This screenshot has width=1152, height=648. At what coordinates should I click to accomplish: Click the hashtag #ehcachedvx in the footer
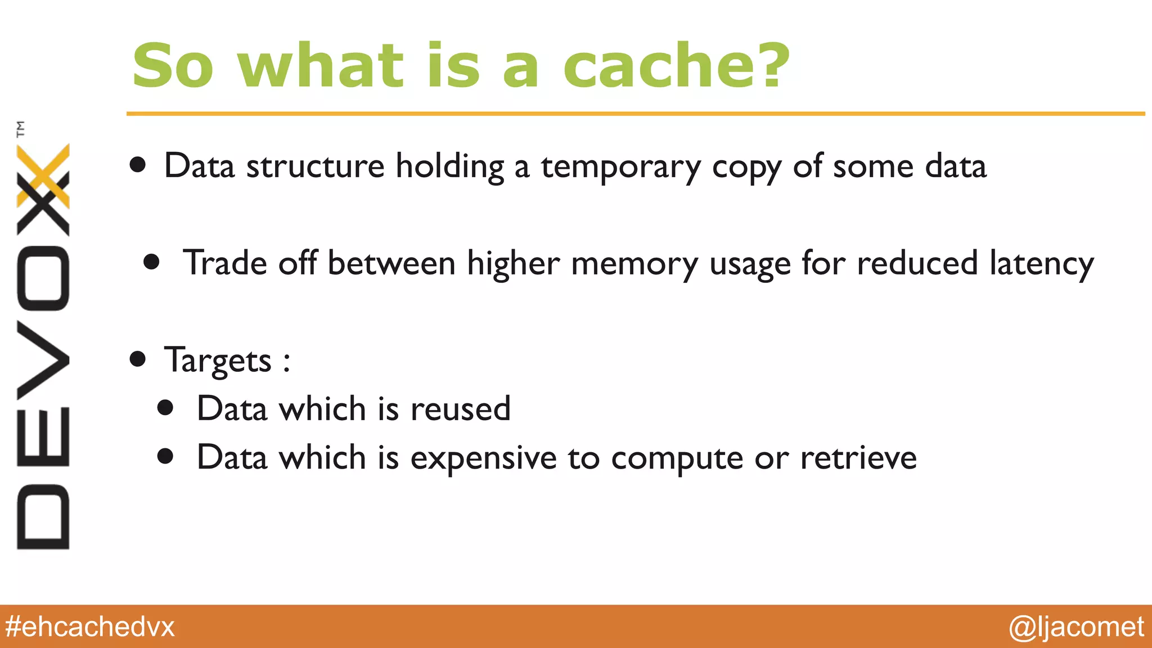tap(90, 627)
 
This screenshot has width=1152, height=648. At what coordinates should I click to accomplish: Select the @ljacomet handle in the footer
tap(1076, 627)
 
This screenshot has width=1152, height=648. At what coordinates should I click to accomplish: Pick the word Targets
tap(218, 361)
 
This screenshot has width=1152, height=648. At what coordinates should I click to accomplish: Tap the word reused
tap(461, 409)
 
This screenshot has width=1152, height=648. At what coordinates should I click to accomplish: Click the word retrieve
tap(858, 458)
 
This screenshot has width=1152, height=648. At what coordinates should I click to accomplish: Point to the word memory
tap(634, 264)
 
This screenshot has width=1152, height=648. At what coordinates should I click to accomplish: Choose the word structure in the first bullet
tap(315, 166)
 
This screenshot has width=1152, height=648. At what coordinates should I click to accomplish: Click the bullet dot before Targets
tap(138, 359)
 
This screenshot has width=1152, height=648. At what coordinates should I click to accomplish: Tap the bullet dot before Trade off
tap(151, 262)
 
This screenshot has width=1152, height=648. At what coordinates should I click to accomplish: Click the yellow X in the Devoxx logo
tap(43, 175)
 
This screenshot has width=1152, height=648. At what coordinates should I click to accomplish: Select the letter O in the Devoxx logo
tap(43, 279)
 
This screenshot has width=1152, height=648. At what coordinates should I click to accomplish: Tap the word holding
tap(449, 167)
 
